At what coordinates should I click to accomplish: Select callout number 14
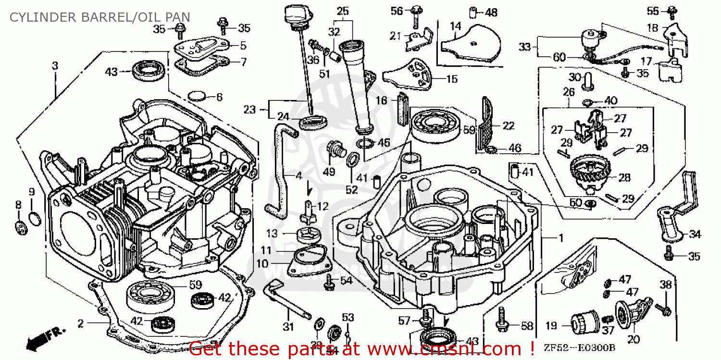(455, 26)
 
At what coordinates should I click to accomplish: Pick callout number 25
(342, 11)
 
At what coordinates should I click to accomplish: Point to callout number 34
(695, 235)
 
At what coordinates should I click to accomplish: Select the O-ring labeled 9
(34, 218)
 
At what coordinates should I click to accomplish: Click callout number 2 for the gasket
(80, 323)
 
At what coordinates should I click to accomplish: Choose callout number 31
(287, 327)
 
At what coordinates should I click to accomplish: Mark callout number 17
(646, 61)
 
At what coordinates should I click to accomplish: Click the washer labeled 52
(351, 159)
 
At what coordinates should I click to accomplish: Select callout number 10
(261, 263)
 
